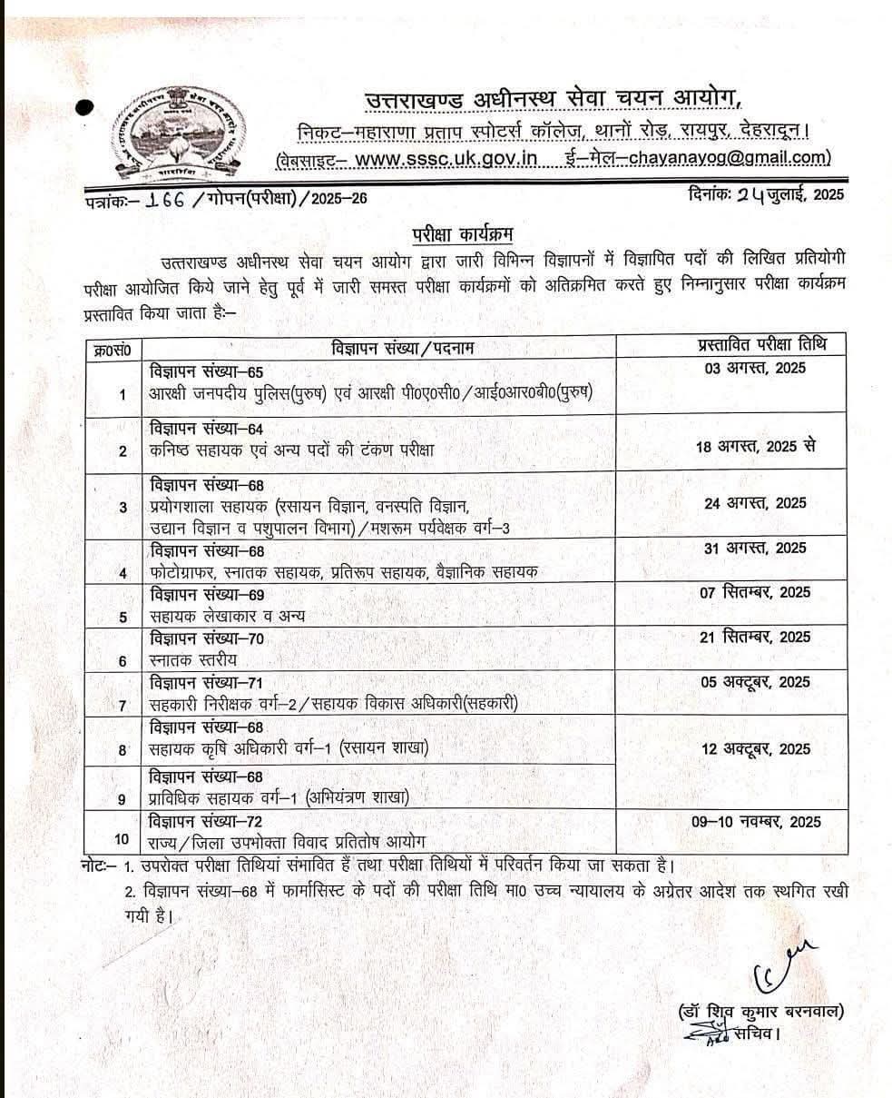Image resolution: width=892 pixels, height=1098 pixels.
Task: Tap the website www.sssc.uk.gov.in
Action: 446,159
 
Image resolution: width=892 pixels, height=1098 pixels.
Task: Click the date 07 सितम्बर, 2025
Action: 755,592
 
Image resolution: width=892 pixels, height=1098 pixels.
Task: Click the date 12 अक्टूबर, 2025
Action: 755,749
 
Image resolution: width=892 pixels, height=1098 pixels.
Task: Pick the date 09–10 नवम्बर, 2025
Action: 755,822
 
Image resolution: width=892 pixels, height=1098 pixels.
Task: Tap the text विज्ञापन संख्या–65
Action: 206,371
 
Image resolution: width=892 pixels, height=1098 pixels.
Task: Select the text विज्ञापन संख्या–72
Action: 206,822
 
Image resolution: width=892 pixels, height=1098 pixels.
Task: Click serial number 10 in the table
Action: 123,839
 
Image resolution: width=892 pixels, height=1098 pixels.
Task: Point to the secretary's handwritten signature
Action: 775,962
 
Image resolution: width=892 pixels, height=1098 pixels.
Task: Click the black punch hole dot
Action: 84,108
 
